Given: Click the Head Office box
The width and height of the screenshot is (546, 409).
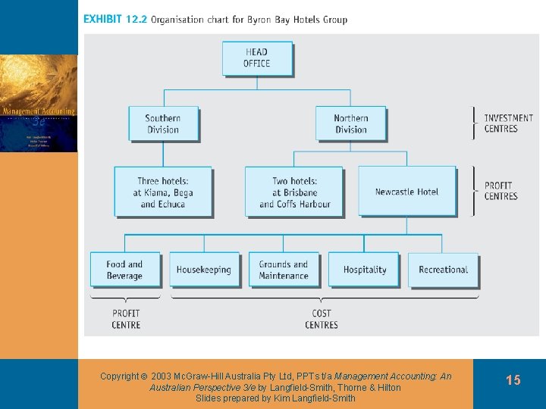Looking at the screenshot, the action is coord(256,58).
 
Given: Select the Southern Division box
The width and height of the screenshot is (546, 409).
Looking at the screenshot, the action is coord(162,124).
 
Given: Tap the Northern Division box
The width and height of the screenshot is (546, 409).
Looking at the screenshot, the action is coord(350,124).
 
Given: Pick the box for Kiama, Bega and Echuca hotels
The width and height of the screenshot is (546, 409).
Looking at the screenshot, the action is coord(163,192).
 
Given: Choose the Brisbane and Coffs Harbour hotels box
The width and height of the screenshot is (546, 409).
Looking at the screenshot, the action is coord(293,192).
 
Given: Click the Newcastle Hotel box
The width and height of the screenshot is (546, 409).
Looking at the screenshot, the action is coord(406,192).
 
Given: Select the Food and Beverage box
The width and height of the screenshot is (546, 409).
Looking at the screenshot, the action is coord(125,270).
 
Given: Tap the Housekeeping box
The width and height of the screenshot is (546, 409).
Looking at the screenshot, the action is coord(203,270).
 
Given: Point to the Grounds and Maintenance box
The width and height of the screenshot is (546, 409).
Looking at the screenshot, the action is coord(284,270).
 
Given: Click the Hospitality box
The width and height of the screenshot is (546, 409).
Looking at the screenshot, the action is coord(365,270).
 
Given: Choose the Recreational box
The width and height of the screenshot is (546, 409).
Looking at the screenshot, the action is coord(444,270).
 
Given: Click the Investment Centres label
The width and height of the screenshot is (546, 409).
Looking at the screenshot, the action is coord(508,123).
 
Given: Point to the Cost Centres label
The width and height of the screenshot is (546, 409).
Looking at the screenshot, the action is coord(322,319).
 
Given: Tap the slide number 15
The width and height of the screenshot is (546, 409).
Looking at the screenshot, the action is coord(513,380).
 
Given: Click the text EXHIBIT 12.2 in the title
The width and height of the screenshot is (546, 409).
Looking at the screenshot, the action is coord(115,20).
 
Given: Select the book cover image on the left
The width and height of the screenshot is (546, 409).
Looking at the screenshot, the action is coord(39,104).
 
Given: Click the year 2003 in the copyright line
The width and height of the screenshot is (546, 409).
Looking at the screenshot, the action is coord(162,376).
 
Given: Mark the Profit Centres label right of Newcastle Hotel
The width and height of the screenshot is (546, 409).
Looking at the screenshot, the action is coord(500,191).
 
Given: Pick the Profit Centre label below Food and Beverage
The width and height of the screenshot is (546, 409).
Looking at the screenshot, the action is coord(126,319).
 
